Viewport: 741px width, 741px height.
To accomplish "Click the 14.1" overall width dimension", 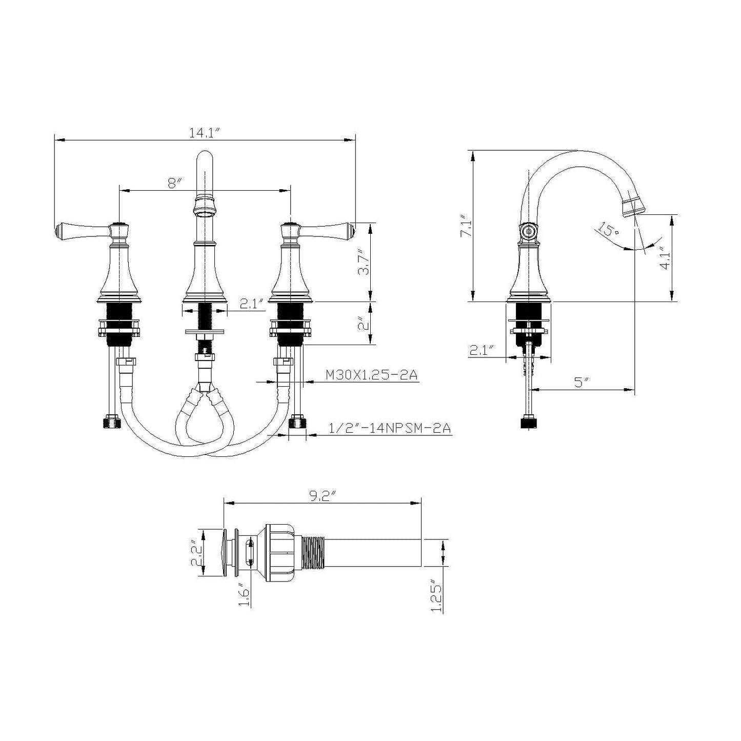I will [x=204, y=133].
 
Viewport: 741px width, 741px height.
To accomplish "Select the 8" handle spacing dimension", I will [x=175, y=183].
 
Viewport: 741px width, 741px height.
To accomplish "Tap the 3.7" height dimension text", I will [x=363, y=263].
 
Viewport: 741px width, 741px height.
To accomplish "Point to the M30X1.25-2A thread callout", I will [x=372, y=375].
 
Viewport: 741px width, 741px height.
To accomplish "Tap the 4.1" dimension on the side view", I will [x=665, y=258].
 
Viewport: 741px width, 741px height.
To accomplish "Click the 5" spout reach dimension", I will [x=579, y=383].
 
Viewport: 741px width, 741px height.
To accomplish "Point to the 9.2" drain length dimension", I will [x=322, y=496].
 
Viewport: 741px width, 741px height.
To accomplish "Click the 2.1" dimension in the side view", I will [x=481, y=351].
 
